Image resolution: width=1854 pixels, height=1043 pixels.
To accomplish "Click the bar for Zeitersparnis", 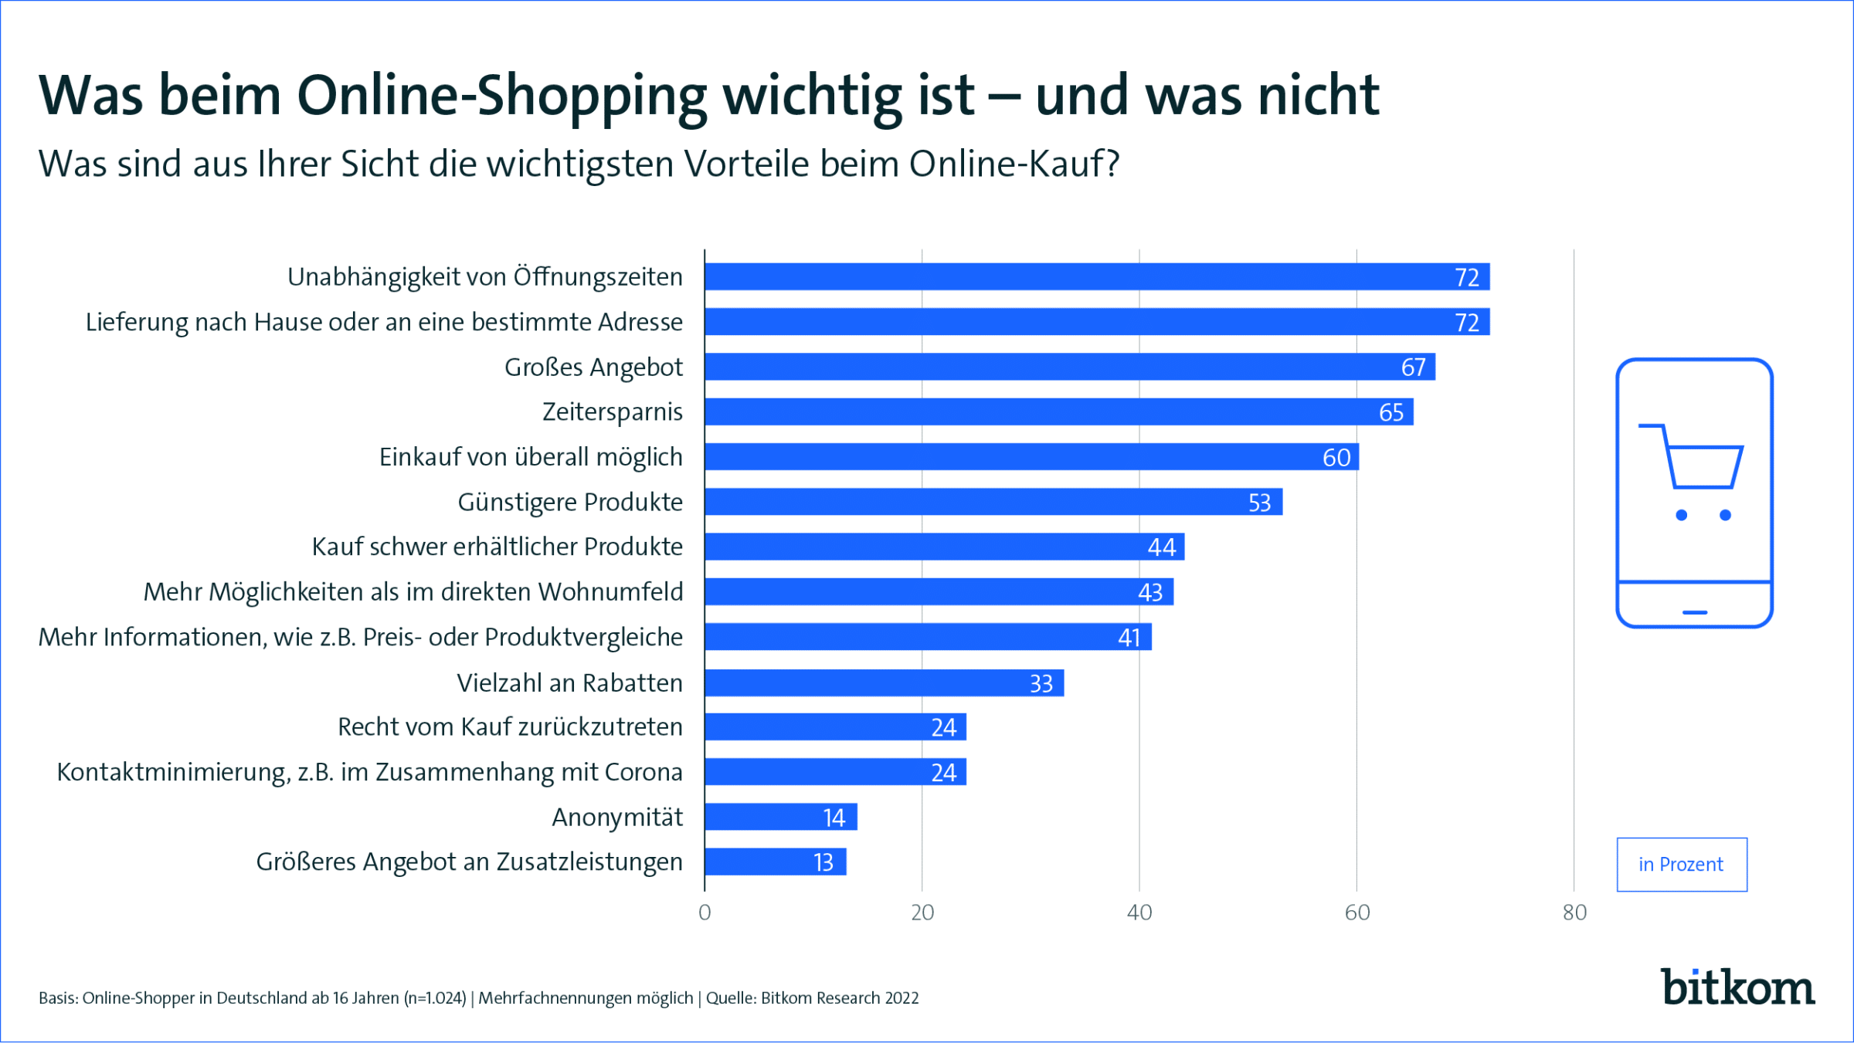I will coord(1058,411).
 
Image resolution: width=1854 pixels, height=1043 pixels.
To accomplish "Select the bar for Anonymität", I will coord(780,817).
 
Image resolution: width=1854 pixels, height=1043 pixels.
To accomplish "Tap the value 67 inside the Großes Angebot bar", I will coord(1413,367).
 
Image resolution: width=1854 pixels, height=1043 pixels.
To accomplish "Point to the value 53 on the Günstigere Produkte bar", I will coord(1259,503).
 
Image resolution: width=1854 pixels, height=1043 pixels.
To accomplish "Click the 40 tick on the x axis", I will coord(1139,913).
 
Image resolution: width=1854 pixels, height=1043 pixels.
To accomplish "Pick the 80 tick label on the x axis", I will coord(1574,913).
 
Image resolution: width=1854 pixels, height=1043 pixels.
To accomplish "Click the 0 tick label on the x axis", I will coord(705,913).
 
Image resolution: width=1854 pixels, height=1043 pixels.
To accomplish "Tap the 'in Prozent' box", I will coord(1682,865).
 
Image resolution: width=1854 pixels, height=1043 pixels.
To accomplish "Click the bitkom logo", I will coord(1737,987).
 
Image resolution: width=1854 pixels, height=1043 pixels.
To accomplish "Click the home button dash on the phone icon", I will coord(1694,612).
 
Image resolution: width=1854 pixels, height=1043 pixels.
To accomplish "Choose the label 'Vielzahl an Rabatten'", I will coord(569,683).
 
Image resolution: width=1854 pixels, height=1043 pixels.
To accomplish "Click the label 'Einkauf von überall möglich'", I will coord(531,457).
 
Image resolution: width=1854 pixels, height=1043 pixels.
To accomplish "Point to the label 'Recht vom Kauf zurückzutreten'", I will coord(510,727).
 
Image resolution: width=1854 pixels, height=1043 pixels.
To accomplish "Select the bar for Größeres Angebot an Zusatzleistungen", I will coord(775,862).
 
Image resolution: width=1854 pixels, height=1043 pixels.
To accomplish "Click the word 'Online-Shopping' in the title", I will coord(501,96).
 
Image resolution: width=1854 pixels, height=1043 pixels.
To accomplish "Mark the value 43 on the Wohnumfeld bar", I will coord(1149,592).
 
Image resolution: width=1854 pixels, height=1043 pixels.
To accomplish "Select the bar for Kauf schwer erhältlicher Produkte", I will coord(944,547).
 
